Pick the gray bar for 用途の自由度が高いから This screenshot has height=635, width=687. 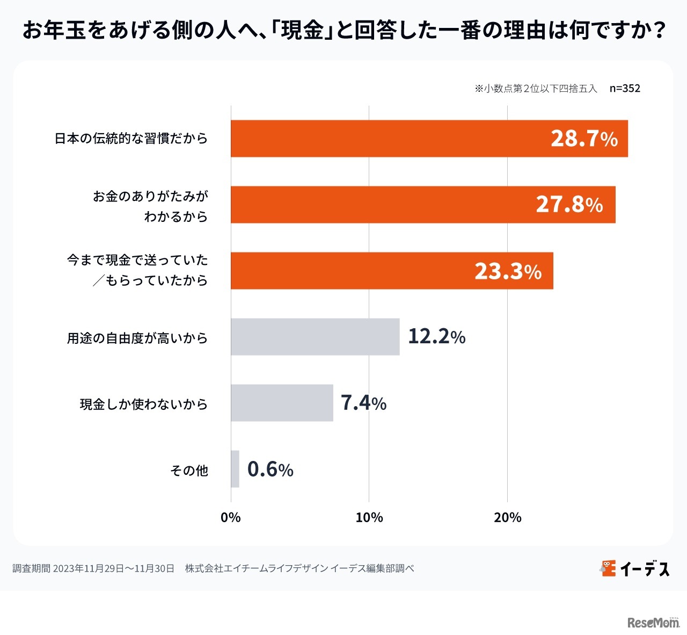[x=315, y=337]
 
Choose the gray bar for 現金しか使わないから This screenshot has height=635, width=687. [x=282, y=403]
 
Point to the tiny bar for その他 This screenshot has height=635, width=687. [x=235, y=469]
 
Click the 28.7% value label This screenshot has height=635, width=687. [x=584, y=139]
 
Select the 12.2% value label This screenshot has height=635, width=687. [x=436, y=337]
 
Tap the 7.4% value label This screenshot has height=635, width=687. [x=363, y=403]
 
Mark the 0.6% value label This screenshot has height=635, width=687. [x=270, y=470]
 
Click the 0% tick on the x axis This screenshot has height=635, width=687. [x=231, y=517]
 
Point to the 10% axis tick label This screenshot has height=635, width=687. [x=369, y=517]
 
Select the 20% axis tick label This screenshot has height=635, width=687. [x=507, y=517]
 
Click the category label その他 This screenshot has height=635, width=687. [x=189, y=471]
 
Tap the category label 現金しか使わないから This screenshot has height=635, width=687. [x=143, y=404]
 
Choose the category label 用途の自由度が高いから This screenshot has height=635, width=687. [x=137, y=338]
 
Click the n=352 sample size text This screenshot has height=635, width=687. [x=625, y=89]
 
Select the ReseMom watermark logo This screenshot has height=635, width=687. [x=653, y=622]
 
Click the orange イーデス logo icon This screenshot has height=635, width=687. [x=608, y=568]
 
